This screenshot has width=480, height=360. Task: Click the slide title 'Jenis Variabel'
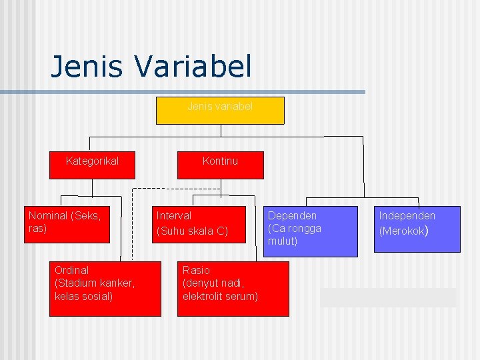(151, 66)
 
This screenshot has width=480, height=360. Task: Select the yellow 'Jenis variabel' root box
(220, 111)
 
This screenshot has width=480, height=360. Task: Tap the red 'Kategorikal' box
(93, 165)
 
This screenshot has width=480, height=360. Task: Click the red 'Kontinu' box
(220, 165)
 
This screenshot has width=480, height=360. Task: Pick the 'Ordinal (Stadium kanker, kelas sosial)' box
(105, 288)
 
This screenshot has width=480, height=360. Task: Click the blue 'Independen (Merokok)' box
(417, 229)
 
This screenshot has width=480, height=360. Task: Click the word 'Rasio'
(196, 270)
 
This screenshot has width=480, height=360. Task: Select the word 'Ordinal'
(71, 270)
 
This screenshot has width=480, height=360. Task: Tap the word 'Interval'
(173, 215)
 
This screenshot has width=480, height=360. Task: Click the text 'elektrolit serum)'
(220, 296)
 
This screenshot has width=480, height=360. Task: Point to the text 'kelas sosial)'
(83, 296)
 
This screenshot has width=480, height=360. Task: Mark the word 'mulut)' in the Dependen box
(283, 241)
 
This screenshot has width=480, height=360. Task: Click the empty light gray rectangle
(389, 297)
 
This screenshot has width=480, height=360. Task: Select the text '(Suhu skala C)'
(192, 231)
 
